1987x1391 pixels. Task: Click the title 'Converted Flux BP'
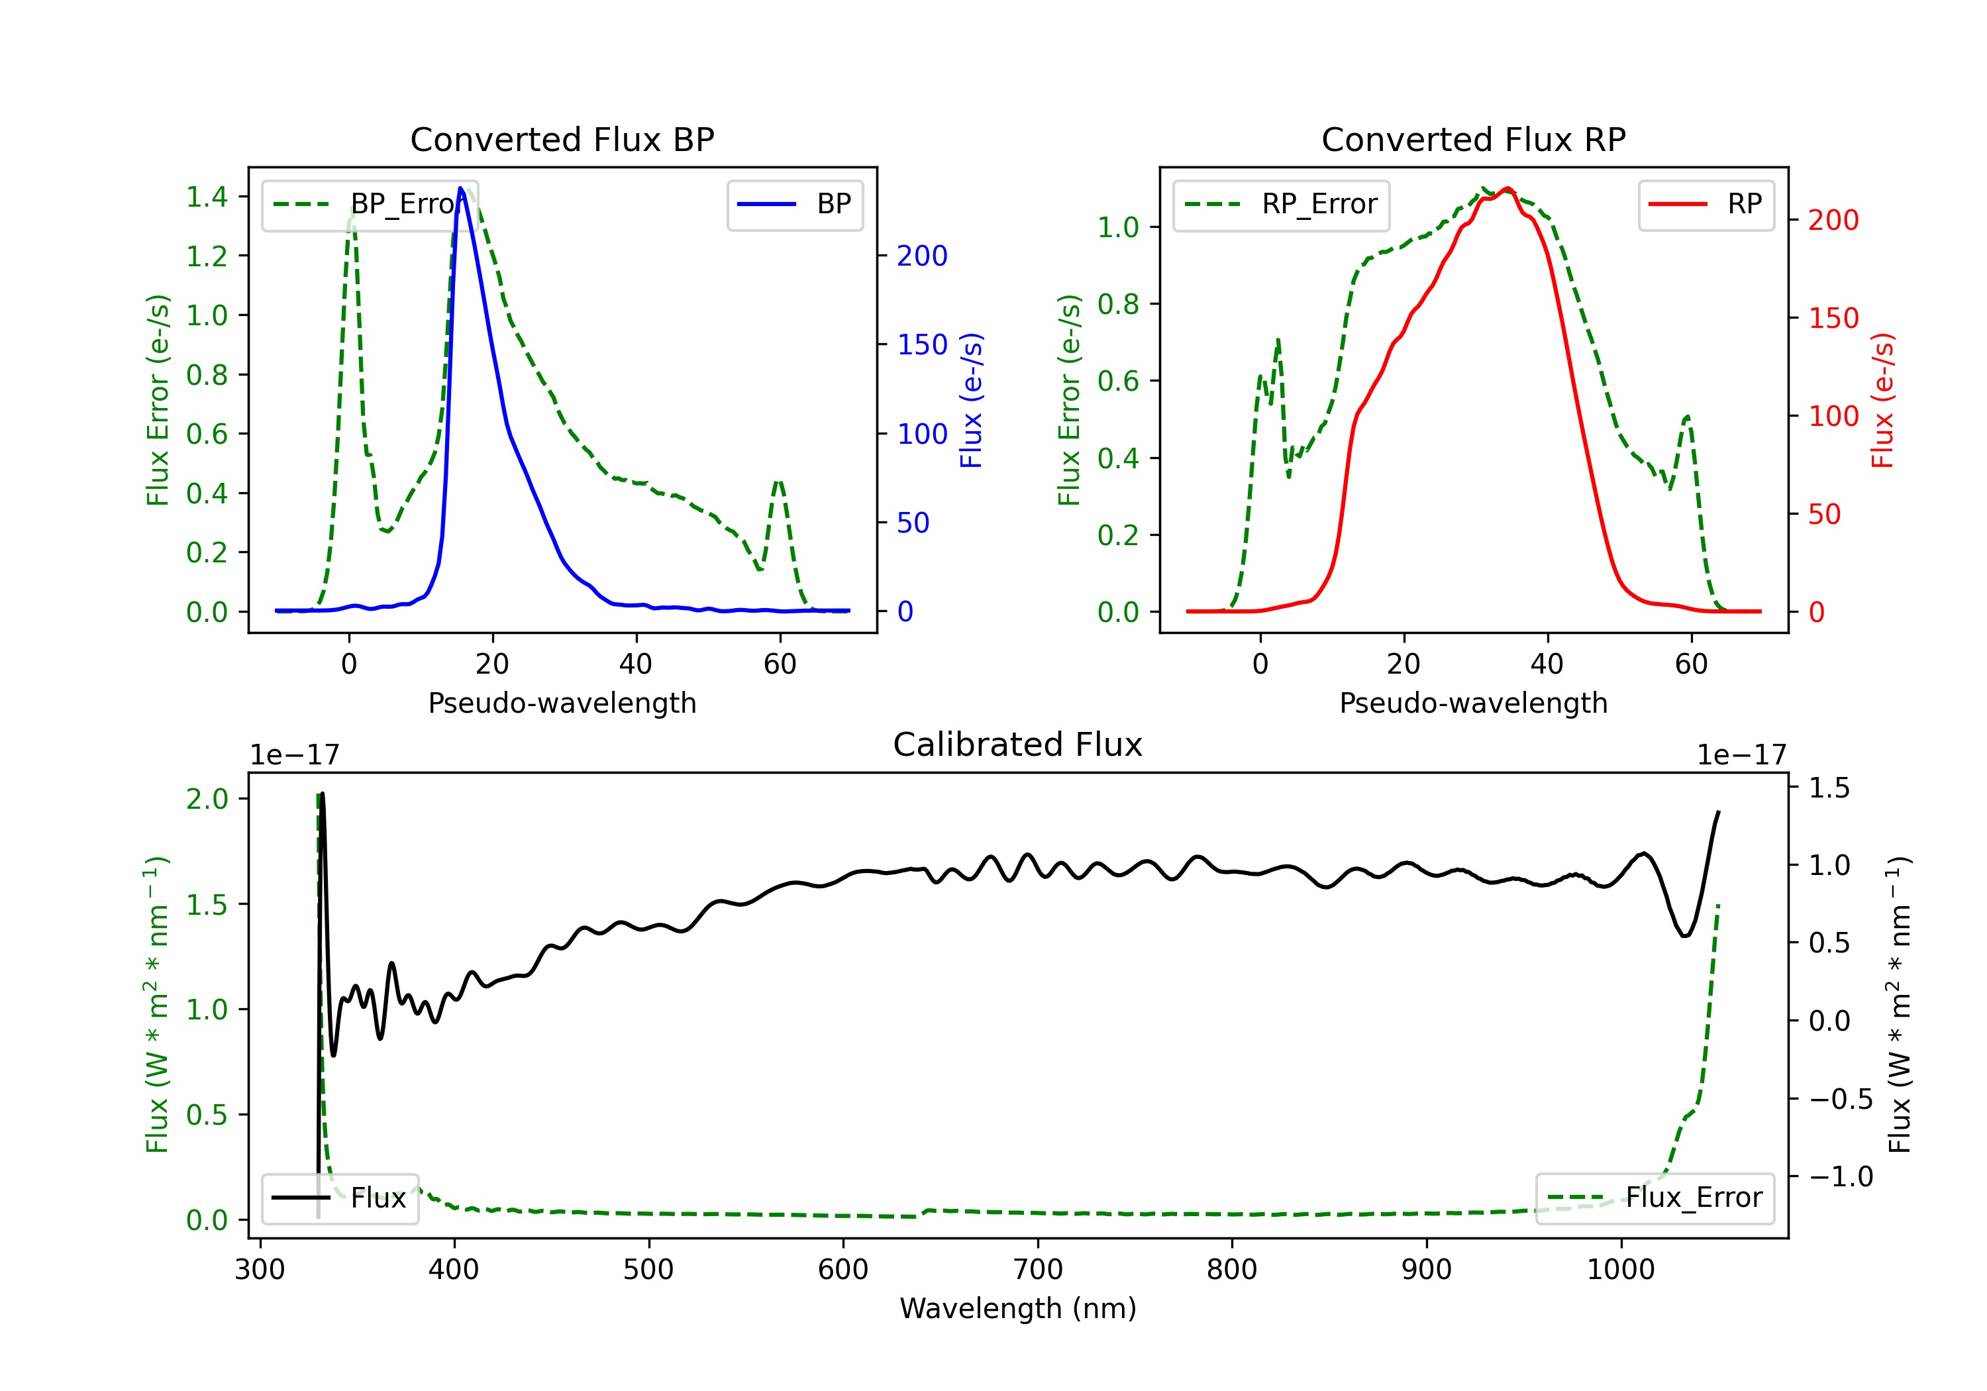[562, 139]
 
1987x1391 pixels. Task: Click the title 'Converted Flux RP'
[1474, 139]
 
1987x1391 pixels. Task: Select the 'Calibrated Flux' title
[1018, 745]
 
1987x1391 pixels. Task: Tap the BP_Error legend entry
[370, 204]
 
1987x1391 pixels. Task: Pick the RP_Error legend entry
[1281, 204]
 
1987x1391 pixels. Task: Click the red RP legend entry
[1706, 204]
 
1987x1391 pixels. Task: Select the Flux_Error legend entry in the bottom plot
[1655, 1198]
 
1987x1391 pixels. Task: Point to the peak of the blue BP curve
[460, 188]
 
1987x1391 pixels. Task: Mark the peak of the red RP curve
[1507, 188]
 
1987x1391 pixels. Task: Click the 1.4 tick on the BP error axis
[208, 197]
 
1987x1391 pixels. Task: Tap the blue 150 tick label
[923, 344]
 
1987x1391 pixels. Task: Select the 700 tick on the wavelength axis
[1038, 1269]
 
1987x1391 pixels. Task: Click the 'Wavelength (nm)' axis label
[1018, 1308]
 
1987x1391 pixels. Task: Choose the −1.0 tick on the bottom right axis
[1841, 1176]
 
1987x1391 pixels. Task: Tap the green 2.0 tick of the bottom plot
[208, 799]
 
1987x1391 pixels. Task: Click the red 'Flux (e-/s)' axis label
[1883, 400]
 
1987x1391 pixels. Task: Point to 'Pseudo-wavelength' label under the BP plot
[562, 703]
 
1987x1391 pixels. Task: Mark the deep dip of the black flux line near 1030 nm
[1684, 935]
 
